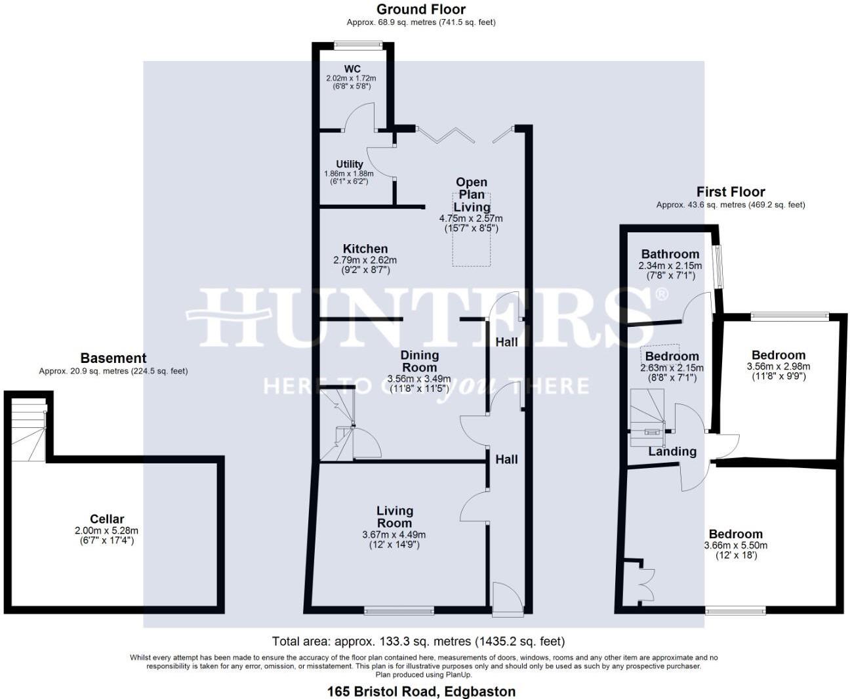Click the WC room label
[352, 69]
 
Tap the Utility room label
[350, 164]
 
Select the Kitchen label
[365, 249]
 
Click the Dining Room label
[419, 362]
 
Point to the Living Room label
[394, 517]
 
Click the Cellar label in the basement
[107, 519]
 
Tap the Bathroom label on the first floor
[670, 254]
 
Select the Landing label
[672, 452]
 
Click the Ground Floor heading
[421, 9]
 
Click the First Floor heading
[731, 192]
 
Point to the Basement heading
[113, 358]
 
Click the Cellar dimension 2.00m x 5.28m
[106, 531]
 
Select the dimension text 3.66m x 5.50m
[736, 545]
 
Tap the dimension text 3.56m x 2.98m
[779, 366]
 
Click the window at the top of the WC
[357, 45]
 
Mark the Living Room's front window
[399, 610]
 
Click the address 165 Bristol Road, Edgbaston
[421, 691]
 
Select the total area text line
[418, 641]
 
